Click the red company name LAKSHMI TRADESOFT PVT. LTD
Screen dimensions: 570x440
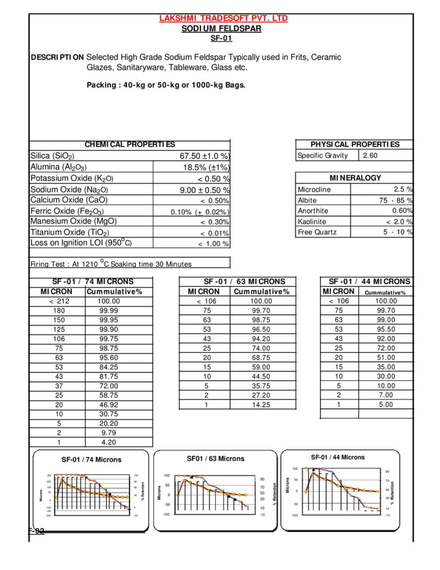[x=223, y=19]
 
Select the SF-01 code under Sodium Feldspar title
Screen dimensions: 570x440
[x=221, y=38]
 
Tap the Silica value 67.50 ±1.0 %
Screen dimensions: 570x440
[x=204, y=156]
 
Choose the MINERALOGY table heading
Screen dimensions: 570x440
[x=355, y=178]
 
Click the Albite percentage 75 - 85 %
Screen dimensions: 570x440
[x=395, y=200]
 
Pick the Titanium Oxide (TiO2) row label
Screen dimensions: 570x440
[x=70, y=232]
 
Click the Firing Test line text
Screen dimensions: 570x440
[x=111, y=264]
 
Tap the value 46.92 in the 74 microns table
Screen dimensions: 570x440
[x=109, y=405]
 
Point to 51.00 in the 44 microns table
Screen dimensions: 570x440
[x=386, y=357]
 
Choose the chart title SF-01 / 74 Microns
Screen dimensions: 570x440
[x=91, y=459]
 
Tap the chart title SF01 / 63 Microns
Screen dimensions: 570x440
[x=215, y=458]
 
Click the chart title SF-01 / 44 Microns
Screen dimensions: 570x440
[x=338, y=457]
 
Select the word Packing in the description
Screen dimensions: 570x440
[x=101, y=85]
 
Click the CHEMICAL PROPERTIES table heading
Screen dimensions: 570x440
[x=130, y=145]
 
